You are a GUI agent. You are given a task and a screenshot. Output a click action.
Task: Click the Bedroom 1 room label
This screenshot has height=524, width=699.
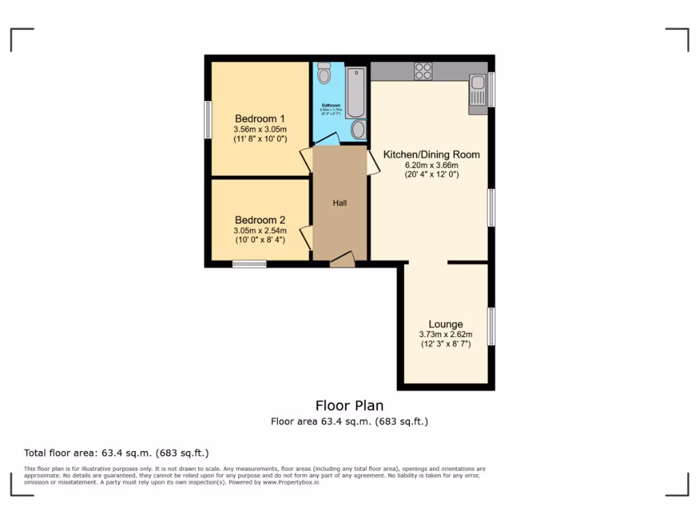click(x=260, y=118)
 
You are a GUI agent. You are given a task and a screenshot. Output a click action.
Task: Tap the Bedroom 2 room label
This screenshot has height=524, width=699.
click(x=260, y=220)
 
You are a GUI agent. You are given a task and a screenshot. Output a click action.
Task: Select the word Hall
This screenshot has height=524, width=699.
click(x=340, y=203)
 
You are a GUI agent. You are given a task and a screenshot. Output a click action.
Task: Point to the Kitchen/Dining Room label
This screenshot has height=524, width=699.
click(x=431, y=154)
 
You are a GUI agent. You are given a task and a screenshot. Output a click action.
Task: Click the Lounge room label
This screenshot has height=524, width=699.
click(x=446, y=324)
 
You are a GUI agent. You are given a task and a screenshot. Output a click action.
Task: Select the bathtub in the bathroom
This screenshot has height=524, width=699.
click(x=356, y=93)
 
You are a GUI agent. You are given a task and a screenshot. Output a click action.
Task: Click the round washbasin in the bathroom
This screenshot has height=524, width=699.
click(x=358, y=129)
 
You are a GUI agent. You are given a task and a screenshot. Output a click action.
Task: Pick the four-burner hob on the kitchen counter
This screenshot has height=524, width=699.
click(x=423, y=71)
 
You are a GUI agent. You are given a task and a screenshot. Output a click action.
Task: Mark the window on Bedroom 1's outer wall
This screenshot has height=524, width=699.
click(x=208, y=120)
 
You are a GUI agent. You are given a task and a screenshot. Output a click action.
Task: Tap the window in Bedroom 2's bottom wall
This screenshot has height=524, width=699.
click(x=248, y=264)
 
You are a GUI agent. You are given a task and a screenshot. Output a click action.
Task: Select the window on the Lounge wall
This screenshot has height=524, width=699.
click(x=491, y=326)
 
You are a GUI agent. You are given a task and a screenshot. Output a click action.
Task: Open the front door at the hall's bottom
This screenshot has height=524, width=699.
click(x=342, y=260)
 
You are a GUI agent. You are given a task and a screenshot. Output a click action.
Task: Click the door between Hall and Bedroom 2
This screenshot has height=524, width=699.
click(x=306, y=237)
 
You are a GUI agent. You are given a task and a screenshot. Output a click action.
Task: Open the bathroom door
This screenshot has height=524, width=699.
click(x=326, y=139)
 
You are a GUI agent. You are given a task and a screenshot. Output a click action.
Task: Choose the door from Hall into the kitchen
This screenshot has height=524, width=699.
click(x=373, y=163)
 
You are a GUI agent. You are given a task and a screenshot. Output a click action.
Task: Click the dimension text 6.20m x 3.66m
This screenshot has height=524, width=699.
click(x=431, y=165)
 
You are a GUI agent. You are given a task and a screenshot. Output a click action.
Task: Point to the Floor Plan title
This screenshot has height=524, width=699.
click(x=349, y=406)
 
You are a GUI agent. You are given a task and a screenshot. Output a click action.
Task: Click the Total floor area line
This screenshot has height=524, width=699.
click(x=116, y=452)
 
